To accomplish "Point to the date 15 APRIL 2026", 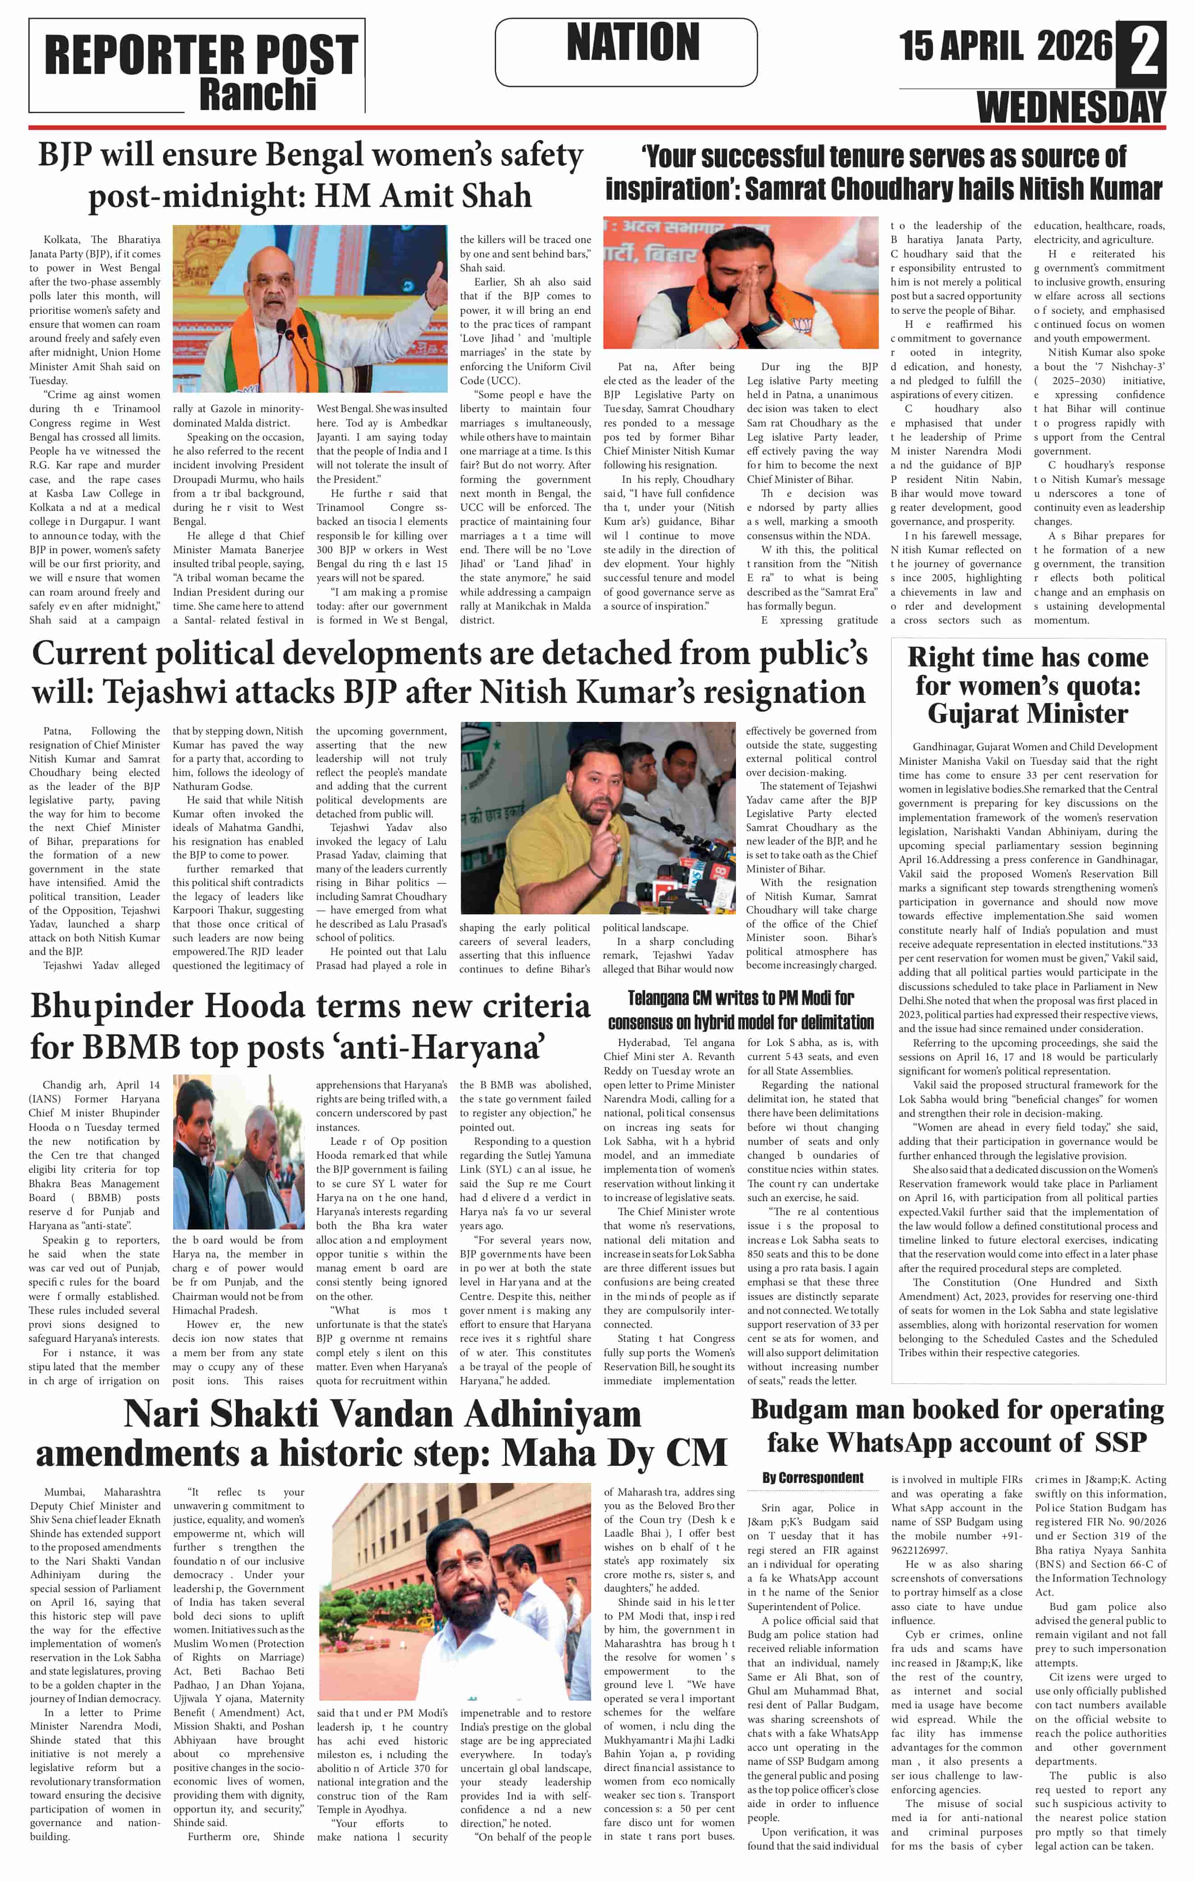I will click(x=1005, y=46).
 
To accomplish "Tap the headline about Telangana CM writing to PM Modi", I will click(x=740, y=1010).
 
